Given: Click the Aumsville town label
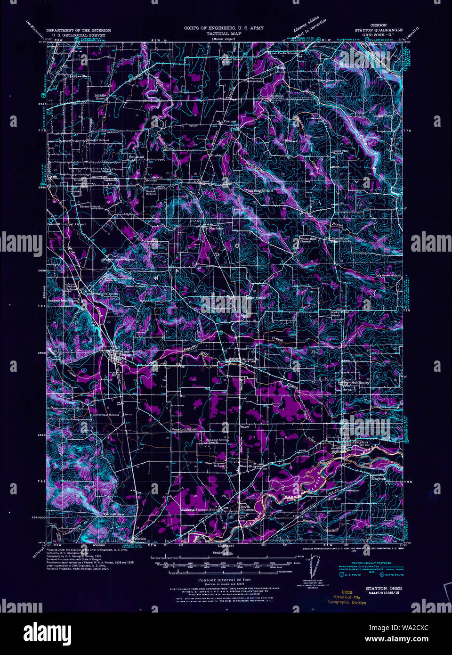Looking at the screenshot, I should pyautogui.click(x=250, y=359).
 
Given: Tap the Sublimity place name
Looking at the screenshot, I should pyautogui.click(x=360, y=383).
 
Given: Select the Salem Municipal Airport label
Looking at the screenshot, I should pyautogui.click(x=67, y=224).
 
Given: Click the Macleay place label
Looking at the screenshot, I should pyautogui.click(x=216, y=228).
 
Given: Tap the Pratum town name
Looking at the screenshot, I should pyautogui.click(x=229, y=121).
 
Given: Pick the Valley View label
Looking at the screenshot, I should pyautogui.click(x=382, y=115).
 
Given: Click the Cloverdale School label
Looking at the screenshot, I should pyautogui.click(x=106, y=415).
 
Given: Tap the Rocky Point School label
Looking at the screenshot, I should pyautogui.click(x=339, y=313).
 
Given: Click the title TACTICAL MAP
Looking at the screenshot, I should pyautogui.click(x=224, y=34).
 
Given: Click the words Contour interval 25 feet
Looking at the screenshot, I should pyautogui.click(x=224, y=580).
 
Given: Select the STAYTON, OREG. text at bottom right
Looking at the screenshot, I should pyautogui.click(x=382, y=589).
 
